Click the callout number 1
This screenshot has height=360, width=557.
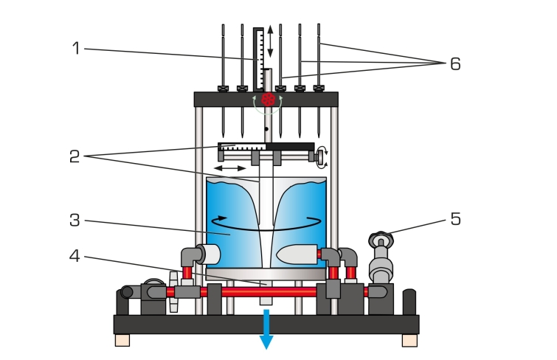pos(76,49)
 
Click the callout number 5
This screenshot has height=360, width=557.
pos(455,219)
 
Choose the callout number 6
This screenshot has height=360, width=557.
pos(455,64)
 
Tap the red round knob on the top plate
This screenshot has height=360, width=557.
pos(269,99)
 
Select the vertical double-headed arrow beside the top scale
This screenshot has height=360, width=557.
pos(271,41)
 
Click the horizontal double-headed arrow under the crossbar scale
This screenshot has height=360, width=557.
pos(231,169)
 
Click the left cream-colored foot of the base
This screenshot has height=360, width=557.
pos(122,340)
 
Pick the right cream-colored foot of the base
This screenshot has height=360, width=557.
pos(409,340)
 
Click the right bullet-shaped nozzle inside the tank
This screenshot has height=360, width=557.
pos(297,255)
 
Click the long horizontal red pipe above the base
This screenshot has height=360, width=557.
pos(266,292)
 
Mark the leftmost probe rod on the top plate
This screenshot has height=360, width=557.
pos(223,59)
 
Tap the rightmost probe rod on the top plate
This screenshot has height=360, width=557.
pos(319,59)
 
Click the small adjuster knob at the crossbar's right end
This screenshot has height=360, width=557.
pos(321,156)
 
